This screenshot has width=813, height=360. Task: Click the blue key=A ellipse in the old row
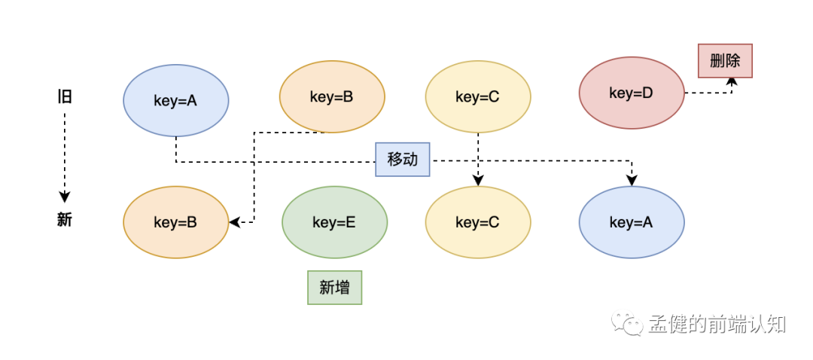[175, 100]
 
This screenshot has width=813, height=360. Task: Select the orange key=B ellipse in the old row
[332, 96]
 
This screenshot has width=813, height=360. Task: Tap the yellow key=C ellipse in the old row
[478, 96]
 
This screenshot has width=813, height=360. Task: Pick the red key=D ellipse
[632, 93]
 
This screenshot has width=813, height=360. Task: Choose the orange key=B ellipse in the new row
[175, 222]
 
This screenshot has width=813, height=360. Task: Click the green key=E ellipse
[334, 222]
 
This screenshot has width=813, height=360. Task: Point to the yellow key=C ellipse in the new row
[478, 222]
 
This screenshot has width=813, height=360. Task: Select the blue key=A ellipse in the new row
[632, 222]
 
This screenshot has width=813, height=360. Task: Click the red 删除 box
[725, 61]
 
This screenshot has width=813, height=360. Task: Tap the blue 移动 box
[402, 159]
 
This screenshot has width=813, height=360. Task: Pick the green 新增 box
[334, 288]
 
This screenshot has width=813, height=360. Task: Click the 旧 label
[64, 96]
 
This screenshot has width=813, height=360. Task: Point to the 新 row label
[64, 220]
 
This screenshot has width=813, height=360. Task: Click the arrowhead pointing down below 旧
[64, 197]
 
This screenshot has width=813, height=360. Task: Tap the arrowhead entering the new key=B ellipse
[235, 222]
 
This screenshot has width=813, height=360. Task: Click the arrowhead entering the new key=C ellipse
[478, 181]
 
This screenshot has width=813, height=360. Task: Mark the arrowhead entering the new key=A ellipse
[632, 181]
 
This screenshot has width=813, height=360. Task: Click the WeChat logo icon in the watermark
[626, 324]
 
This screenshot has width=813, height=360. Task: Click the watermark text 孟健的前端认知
[717, 325]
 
